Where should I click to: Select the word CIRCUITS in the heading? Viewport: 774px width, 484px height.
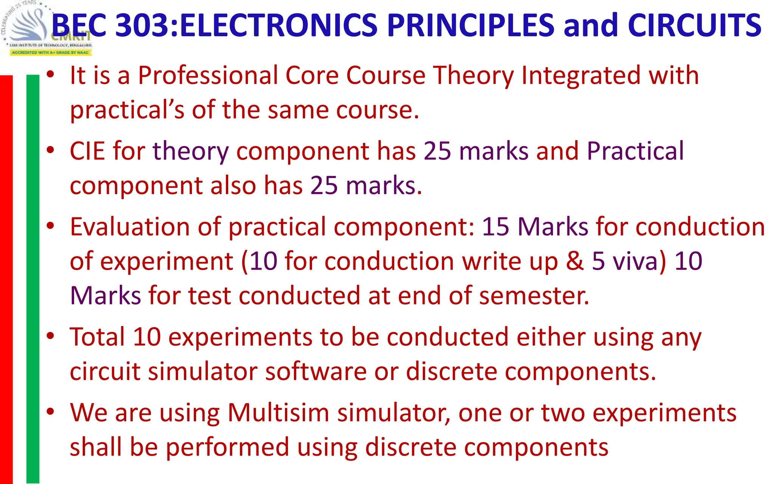694,26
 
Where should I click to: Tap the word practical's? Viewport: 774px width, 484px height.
127,110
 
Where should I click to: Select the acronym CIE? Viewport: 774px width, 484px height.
87,151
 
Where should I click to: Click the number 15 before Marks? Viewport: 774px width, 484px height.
495,227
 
